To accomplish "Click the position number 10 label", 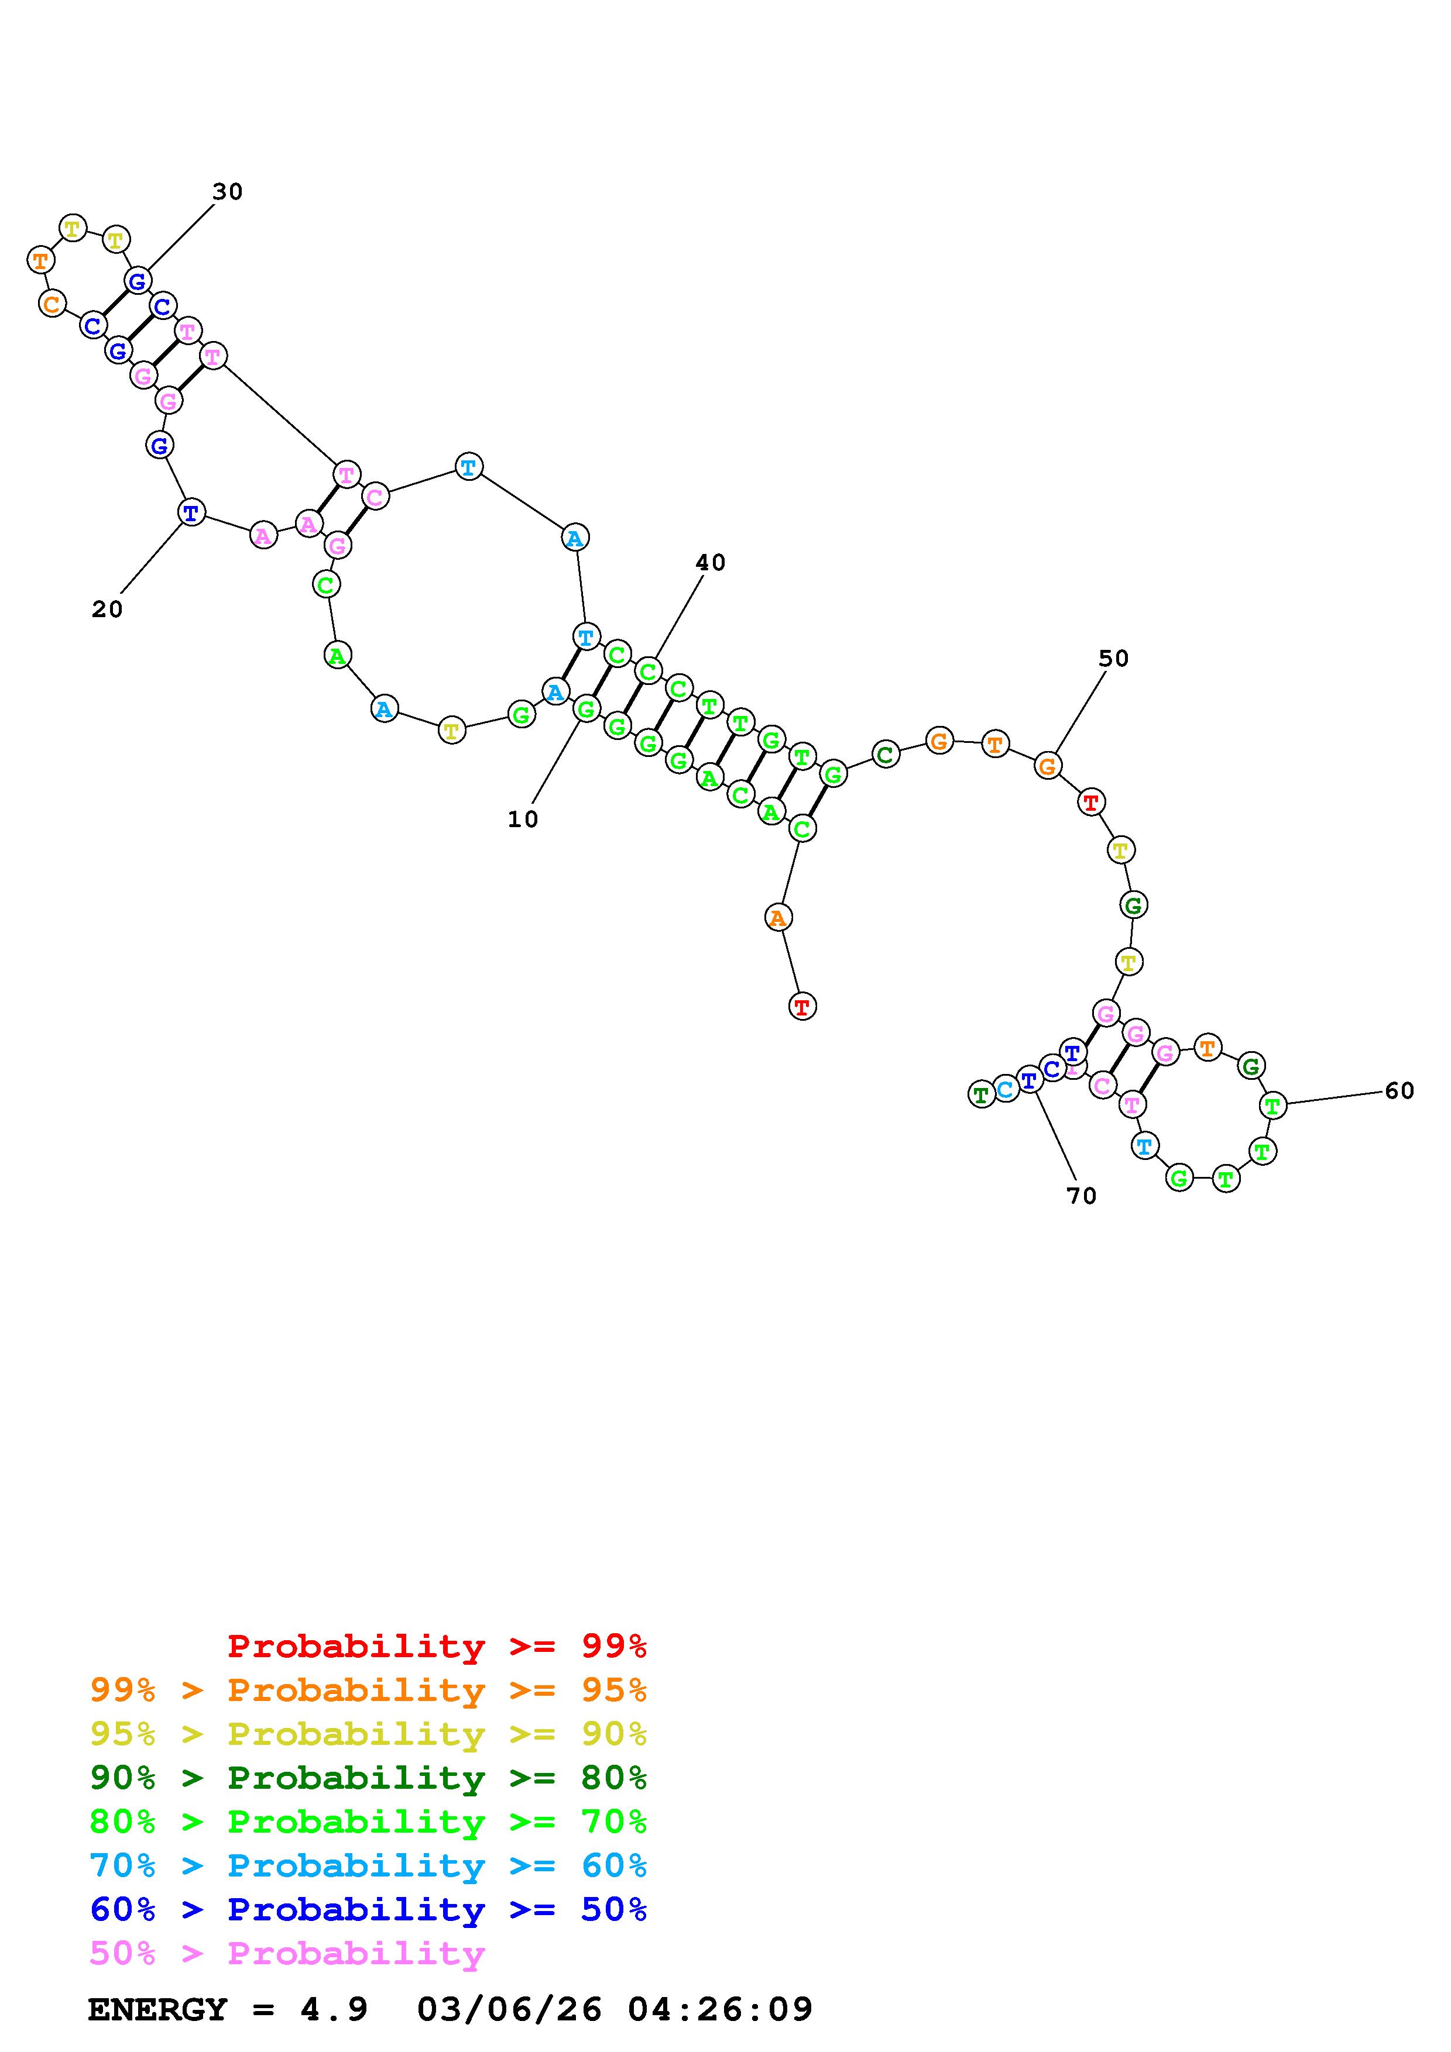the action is point(523,819).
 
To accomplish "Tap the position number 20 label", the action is point(107,610).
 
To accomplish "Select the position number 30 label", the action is point(227,192).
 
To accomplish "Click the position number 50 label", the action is point(1114,659).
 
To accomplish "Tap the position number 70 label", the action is point(1082,1196).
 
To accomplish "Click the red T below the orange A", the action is point(803,1007).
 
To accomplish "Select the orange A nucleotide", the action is point(778,917).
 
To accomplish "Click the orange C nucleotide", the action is point(52,304).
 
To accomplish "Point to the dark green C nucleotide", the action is point(885,755).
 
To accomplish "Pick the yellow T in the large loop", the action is point(452,731).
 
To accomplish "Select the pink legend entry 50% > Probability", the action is point(287,1953).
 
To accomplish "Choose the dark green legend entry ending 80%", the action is point(368,1778).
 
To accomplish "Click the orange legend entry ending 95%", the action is point(368,1690).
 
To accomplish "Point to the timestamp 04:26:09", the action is point(720,2009).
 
